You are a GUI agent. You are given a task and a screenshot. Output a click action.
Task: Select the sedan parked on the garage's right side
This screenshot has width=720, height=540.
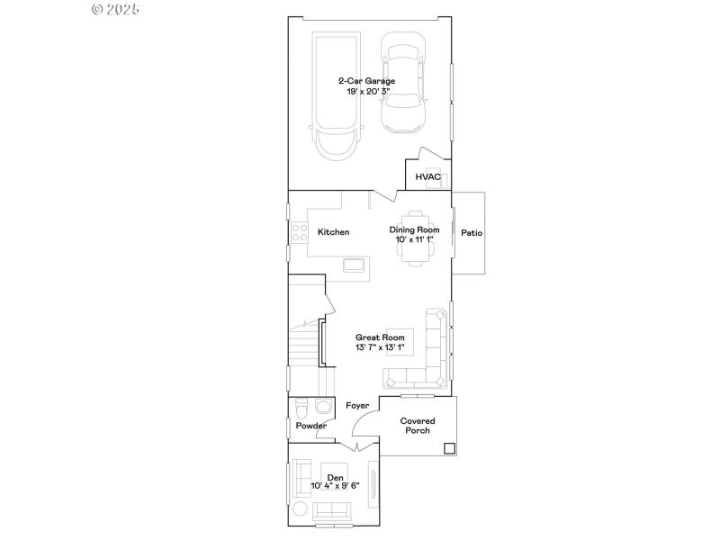click(402, 84)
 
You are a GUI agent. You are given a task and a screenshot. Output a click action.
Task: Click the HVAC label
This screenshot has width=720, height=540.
click(427, 177)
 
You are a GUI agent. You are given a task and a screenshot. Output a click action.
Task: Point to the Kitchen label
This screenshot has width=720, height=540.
click(334, 232)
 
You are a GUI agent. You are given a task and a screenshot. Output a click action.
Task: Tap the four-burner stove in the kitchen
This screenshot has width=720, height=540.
click(298, 233)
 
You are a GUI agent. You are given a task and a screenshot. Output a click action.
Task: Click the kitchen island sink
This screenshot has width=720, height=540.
click(354, 265)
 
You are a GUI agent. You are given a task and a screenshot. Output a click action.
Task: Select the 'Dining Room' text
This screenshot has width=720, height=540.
click(414, 229)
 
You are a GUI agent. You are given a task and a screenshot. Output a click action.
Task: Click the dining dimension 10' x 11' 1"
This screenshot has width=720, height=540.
click(414, 239)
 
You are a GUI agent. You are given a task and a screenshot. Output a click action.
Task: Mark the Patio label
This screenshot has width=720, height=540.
click(472, 233)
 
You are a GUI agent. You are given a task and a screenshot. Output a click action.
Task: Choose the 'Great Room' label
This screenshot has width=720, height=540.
click(379, 337)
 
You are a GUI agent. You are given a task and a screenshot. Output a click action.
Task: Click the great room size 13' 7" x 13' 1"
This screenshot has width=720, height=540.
click(379, 346)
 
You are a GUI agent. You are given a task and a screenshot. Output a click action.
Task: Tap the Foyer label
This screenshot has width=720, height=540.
click(357, 406)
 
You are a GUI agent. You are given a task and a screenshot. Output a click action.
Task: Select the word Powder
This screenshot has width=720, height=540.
click(310, 426)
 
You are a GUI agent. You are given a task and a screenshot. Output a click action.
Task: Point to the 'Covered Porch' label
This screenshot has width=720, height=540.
click(418, 426)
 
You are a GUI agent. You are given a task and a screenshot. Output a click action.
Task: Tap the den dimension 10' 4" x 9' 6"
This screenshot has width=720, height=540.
click(335, 486)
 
